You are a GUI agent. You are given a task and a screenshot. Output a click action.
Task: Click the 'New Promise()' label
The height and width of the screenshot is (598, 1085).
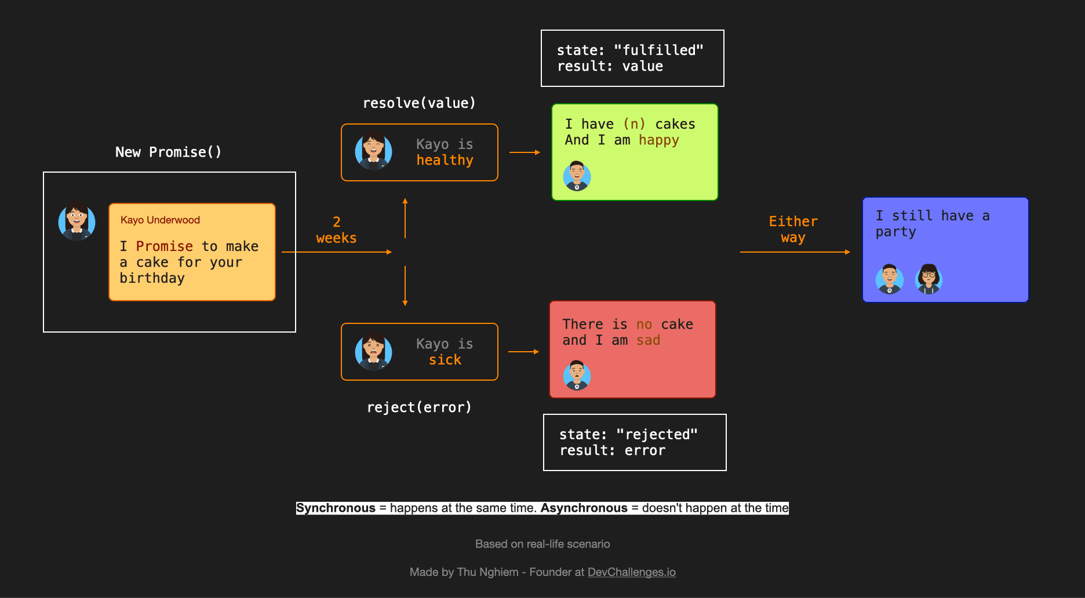(x=168, y=152)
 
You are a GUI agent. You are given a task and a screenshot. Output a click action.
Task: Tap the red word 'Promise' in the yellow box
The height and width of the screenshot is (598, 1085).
(x=164, y=246)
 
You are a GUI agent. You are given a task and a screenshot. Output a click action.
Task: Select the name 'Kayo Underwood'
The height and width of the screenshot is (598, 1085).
(x=160, y=220)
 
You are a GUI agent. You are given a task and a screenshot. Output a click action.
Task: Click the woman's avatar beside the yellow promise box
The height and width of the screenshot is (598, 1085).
(x=77, y=221)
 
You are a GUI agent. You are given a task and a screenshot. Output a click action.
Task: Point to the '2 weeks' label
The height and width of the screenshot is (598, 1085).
(x=336, y=230)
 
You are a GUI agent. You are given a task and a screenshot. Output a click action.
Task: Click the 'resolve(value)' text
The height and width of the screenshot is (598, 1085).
(x=419, y=103)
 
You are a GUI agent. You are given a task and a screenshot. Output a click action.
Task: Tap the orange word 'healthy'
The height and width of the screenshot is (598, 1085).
(x=445, y=161)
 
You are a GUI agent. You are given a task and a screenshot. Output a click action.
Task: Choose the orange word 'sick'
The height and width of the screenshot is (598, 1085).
(x=445, y=360)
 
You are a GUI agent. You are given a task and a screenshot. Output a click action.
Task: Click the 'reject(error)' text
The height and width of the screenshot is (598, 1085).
(x=419, y=407)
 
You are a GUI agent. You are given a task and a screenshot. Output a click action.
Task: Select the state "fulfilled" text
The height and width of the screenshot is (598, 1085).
(x=630, y=50)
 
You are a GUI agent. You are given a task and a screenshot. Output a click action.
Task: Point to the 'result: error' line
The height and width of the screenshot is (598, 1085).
(x=612, y=451)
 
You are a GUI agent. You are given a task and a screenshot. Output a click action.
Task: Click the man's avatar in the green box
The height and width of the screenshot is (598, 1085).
(x=577, y=176)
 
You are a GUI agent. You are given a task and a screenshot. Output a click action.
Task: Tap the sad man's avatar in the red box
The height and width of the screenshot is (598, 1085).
(x=577, y=375)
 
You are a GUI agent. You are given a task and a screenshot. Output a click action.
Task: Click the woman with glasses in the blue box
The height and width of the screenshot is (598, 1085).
(x=929, y=279)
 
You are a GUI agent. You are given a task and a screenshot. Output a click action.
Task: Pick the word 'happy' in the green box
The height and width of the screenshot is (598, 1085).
(x=658, y=140)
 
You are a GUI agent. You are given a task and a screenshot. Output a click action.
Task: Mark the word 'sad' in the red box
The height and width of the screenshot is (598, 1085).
(x=648, y=341)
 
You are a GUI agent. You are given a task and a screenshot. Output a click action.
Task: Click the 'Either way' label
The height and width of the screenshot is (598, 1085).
(x=793, y=229)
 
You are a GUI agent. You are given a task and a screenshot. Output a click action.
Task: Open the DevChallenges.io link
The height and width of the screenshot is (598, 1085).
(x=631, y=573)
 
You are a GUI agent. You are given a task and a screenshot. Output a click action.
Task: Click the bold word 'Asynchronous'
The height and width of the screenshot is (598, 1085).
(x=584, y=508)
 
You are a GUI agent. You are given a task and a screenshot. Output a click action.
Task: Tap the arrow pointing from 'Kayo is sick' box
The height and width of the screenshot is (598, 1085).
(x=523, y=352)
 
